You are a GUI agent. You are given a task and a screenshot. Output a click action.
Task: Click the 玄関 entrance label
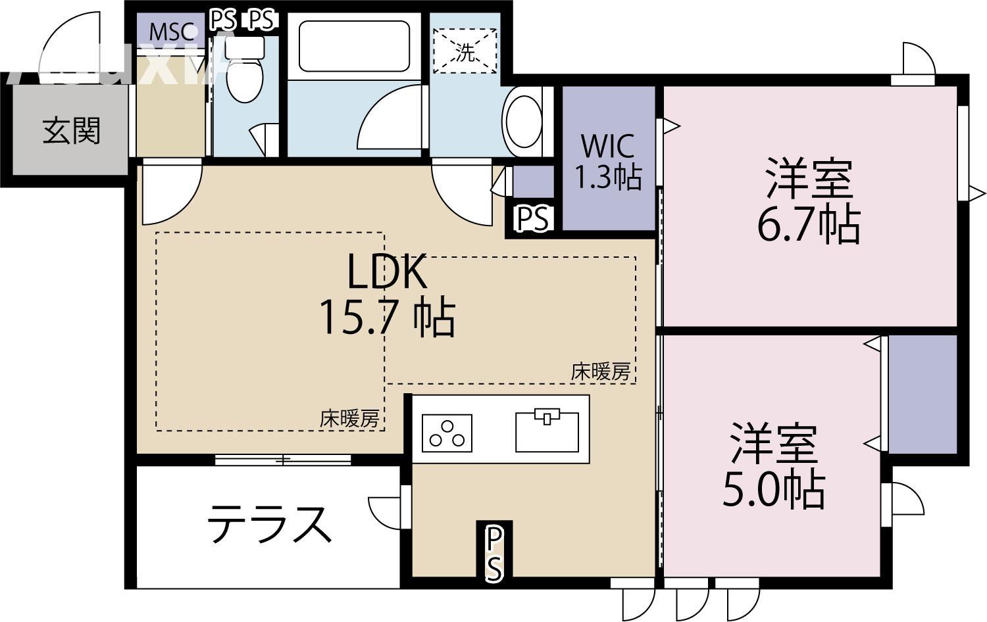(x=71, y=131)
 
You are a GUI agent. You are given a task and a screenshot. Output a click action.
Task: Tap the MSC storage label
(x=172, y=31)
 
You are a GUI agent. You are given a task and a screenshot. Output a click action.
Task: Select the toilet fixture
(x=245, y=72)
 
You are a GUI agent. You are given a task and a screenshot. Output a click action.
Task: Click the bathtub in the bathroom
(x=354, y=46)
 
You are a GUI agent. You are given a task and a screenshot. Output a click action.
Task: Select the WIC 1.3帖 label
(x=608, y=162)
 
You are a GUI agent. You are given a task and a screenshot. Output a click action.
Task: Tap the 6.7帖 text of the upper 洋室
(x=809, y=225)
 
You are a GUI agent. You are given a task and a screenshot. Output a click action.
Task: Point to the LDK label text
(x=387, y=272)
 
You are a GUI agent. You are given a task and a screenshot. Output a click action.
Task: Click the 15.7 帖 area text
(x=387, y=318)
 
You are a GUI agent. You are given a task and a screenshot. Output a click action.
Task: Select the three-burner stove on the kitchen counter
(x=447, y=433)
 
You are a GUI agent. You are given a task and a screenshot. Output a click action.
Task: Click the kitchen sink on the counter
(x=547, y=431)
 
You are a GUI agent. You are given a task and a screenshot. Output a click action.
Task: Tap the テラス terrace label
(x=268, y=524)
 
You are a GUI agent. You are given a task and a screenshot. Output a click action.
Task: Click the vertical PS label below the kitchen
(x=494, y=552)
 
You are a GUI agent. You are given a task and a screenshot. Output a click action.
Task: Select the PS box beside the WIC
(x=531, y=220)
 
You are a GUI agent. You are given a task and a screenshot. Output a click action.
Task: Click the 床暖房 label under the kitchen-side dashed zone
(x=600, y=372)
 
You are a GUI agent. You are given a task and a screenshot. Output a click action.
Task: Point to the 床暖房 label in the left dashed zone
(x=349, y=418)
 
